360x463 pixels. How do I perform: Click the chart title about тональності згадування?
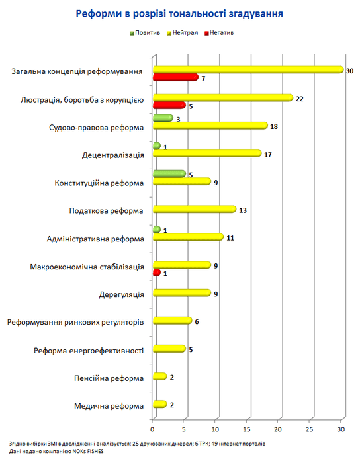pyautogui.click(x=179, y=14)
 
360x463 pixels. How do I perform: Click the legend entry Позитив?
pyautogui.click(x=145, y=33)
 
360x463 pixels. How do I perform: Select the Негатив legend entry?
pyautogui.click(x=219, y=33)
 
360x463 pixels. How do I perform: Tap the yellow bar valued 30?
pyautogui.click(x=248, y=69)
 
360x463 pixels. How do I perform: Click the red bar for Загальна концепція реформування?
pyautogui.click(x=176, y=77)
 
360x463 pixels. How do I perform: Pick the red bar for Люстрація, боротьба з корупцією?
pyautogui.click(x=169, y=105)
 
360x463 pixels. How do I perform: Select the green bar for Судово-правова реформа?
pyautogui.click(x=163, y=118)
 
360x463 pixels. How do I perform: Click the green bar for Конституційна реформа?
pyautogui.click(x=169, y=173)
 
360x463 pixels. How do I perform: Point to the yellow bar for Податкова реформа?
pyautogui.click(x=195, y=210)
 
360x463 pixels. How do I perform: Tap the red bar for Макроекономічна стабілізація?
pyautogui.click(x=157, y=273)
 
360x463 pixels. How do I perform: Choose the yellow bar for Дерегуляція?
pyautogui.click(x=182, y=293)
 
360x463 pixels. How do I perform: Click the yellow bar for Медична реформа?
pyautogui.click(x=159, y=404)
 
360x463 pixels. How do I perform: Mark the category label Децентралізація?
pyautogui.click(x=113, y=155)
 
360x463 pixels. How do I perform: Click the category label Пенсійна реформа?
pyautogui.click(x=109, y=378)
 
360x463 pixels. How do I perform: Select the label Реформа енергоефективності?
pyautogui.click(x=89, y=351)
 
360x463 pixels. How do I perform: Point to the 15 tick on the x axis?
pyautogui.click(x=247, y=429)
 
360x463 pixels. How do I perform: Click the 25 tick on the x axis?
pyautogui.click(x=309, y=429)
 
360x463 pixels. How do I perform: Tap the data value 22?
pyautogui.click(x=300, y=99)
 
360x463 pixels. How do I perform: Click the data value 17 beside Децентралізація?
pyautogui.click(x=268, y=155)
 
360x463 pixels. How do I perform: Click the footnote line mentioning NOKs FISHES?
pyautogui.click(x=56, y=452)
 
